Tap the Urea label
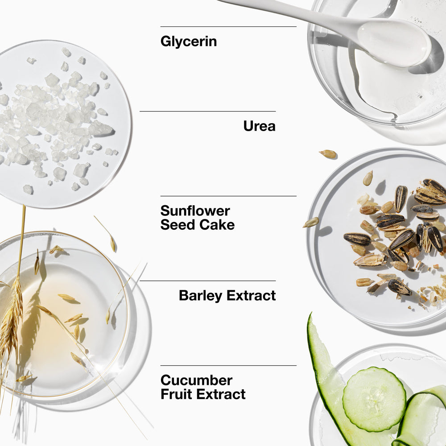260,126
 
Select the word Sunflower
195,211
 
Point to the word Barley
201,296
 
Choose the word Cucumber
197,380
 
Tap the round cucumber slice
374,399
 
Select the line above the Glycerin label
228,27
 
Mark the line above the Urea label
208,111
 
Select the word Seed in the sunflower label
178,225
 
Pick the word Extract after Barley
251,296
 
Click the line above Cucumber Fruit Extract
228,366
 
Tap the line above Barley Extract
208,281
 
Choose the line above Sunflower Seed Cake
228,196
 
